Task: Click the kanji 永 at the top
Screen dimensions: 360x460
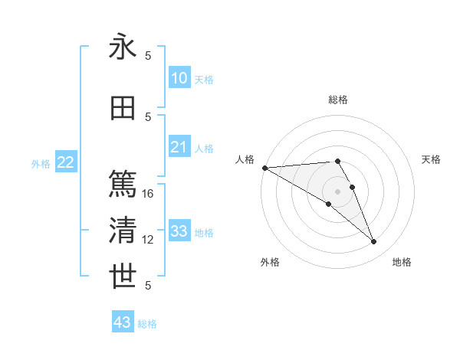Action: click(123, 47)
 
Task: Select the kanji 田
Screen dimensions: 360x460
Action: click(123, 108)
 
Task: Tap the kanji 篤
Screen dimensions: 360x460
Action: click(123, 185)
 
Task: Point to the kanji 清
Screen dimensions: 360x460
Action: click(123, 231)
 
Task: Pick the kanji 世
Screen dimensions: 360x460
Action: click(123, 277)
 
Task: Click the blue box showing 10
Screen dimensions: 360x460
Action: click(179, 78)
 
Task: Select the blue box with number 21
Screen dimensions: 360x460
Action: click(179, 147)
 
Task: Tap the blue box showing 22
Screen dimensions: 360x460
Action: click(66, 162)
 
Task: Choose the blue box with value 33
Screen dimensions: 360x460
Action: click(179, 231)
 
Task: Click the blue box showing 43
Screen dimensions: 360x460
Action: click(123, 322)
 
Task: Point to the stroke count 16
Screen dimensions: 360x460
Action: click(149, 194)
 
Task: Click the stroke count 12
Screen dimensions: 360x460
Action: click(149, 240)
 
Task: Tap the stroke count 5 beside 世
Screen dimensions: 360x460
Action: click(149, 286)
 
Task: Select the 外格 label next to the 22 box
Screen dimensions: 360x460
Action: click(41, 163)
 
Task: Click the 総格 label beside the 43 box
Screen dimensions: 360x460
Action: click(147, 324)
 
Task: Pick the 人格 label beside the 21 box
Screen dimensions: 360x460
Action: click(204, 148)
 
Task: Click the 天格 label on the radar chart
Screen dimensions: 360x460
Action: click(432, 159)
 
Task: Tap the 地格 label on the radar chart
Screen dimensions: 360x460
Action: click(402, 262)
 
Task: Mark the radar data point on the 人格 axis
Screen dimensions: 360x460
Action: click(264, 168)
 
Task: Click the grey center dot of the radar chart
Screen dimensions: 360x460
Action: click(337, 191)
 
